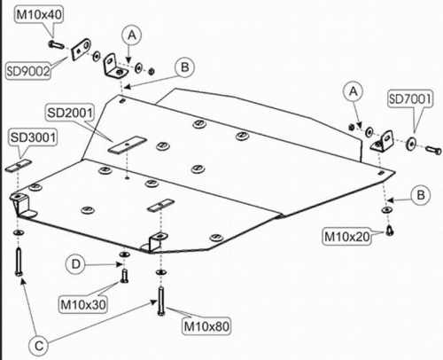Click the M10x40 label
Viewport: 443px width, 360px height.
[39, 14]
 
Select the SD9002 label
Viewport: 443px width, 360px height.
[28, 71]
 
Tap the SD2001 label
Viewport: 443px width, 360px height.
[70, 113]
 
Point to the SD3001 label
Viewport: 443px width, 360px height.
[33, 137]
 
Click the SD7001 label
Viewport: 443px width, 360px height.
[410, 98]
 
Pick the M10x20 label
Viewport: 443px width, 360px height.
[347, 237]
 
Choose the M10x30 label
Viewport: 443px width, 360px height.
[83, 304]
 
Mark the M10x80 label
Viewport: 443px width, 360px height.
[206, 326]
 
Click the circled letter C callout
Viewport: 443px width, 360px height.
[39, 346]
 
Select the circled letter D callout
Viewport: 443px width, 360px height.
[75, 264]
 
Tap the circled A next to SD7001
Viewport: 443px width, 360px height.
[354, 91]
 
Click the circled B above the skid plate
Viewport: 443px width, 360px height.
[184, 67]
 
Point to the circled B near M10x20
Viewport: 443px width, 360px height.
[421, 195]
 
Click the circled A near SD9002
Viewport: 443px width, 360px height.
[132, 35]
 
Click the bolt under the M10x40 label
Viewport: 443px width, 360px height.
[56, 45]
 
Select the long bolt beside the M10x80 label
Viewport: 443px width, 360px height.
[161, 301]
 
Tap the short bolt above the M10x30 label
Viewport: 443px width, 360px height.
[124, 275]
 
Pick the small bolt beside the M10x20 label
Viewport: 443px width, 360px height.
[390, 231]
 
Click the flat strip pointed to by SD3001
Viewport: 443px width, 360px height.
[19, 165]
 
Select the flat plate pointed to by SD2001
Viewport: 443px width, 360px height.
[127, 145]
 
